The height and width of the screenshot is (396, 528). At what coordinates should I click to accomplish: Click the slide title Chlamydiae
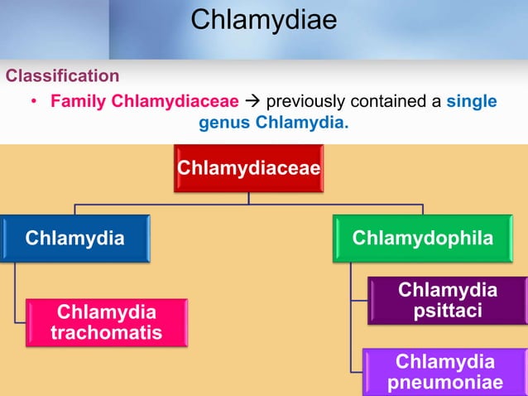tap(263, 20)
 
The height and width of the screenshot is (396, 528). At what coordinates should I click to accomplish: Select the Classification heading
tap(62, 76)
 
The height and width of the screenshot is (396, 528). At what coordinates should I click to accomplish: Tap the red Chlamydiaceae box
tap(249, 168)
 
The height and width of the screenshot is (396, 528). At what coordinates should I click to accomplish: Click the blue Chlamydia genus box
tap(75, 239)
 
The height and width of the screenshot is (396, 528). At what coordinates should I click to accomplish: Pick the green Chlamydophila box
tap(423, 239)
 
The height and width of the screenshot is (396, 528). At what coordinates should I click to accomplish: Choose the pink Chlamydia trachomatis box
tap(106, 323)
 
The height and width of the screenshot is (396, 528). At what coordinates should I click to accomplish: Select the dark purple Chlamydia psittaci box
tap(448, 300)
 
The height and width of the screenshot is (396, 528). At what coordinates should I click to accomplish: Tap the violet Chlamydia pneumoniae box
tap(445, 372)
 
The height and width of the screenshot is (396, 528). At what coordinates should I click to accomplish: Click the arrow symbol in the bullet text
tap(252, 102)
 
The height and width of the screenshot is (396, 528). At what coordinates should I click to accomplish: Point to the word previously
tap(304, 102)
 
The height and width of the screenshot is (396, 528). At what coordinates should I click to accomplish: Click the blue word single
tap(471, 102)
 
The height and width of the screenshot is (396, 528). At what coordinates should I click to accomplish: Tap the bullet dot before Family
tap(35, 103)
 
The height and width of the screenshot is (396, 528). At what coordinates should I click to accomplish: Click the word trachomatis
tap(106, 333)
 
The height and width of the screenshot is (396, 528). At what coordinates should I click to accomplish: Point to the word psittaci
tap(448, 311)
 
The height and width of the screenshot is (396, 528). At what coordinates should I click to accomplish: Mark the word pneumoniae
tap(445, 383)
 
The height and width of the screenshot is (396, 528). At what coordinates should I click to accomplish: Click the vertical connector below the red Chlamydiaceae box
tap(249, 198)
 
